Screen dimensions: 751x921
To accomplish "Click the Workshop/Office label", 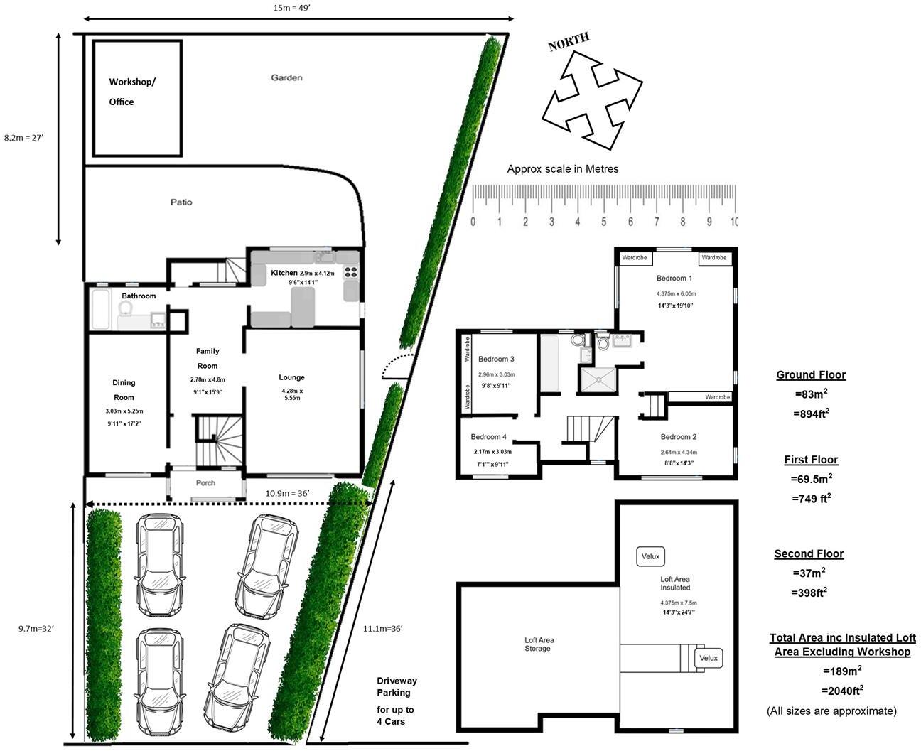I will (131, 92).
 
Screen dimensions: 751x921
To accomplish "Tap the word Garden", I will (286, 77).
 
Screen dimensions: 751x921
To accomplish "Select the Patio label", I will (181, 202).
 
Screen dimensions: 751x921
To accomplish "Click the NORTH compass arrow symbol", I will (591, 99).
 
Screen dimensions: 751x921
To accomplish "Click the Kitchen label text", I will (284, 273).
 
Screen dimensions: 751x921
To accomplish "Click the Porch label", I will (205, 483).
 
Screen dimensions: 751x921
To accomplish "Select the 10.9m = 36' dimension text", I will (287, 493).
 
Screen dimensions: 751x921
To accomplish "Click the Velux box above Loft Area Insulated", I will (650, 557).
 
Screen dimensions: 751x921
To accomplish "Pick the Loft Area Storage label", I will (539, 644).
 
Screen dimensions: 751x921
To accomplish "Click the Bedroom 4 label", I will (488, 437).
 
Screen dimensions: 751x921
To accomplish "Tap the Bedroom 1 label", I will (674, 278).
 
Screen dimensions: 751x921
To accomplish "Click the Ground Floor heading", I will (811, 374).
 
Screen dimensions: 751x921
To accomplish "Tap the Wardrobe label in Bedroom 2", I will (717, 397).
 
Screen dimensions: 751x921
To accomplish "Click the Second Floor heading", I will (809, 553).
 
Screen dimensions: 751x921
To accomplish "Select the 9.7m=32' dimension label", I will (36, 628).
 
